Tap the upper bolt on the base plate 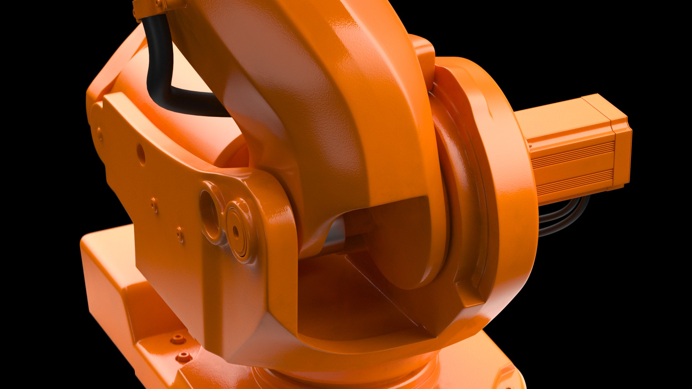point(177,338)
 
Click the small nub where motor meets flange point(530,146)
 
